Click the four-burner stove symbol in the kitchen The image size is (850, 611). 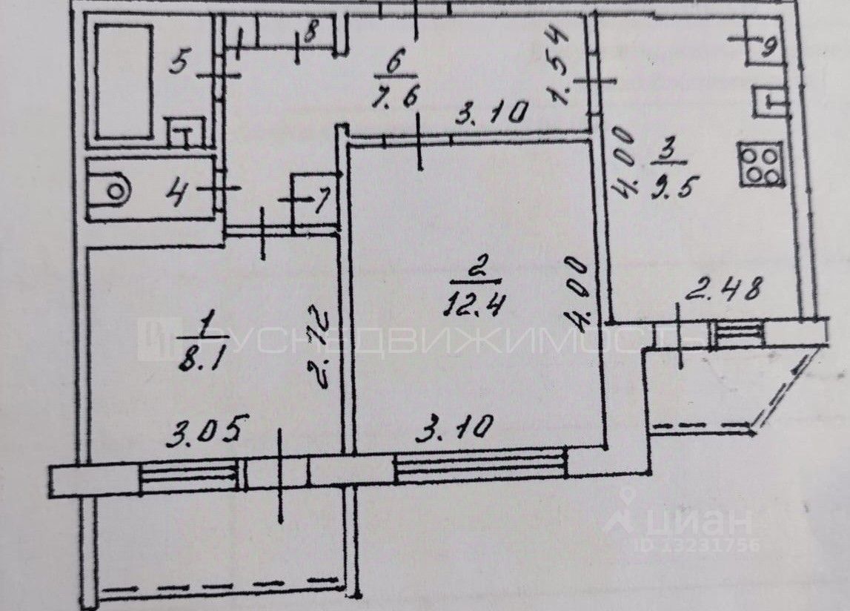point(760,164)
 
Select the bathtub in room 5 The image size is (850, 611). point(124,82)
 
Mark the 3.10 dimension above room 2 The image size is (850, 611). point(490,114)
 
